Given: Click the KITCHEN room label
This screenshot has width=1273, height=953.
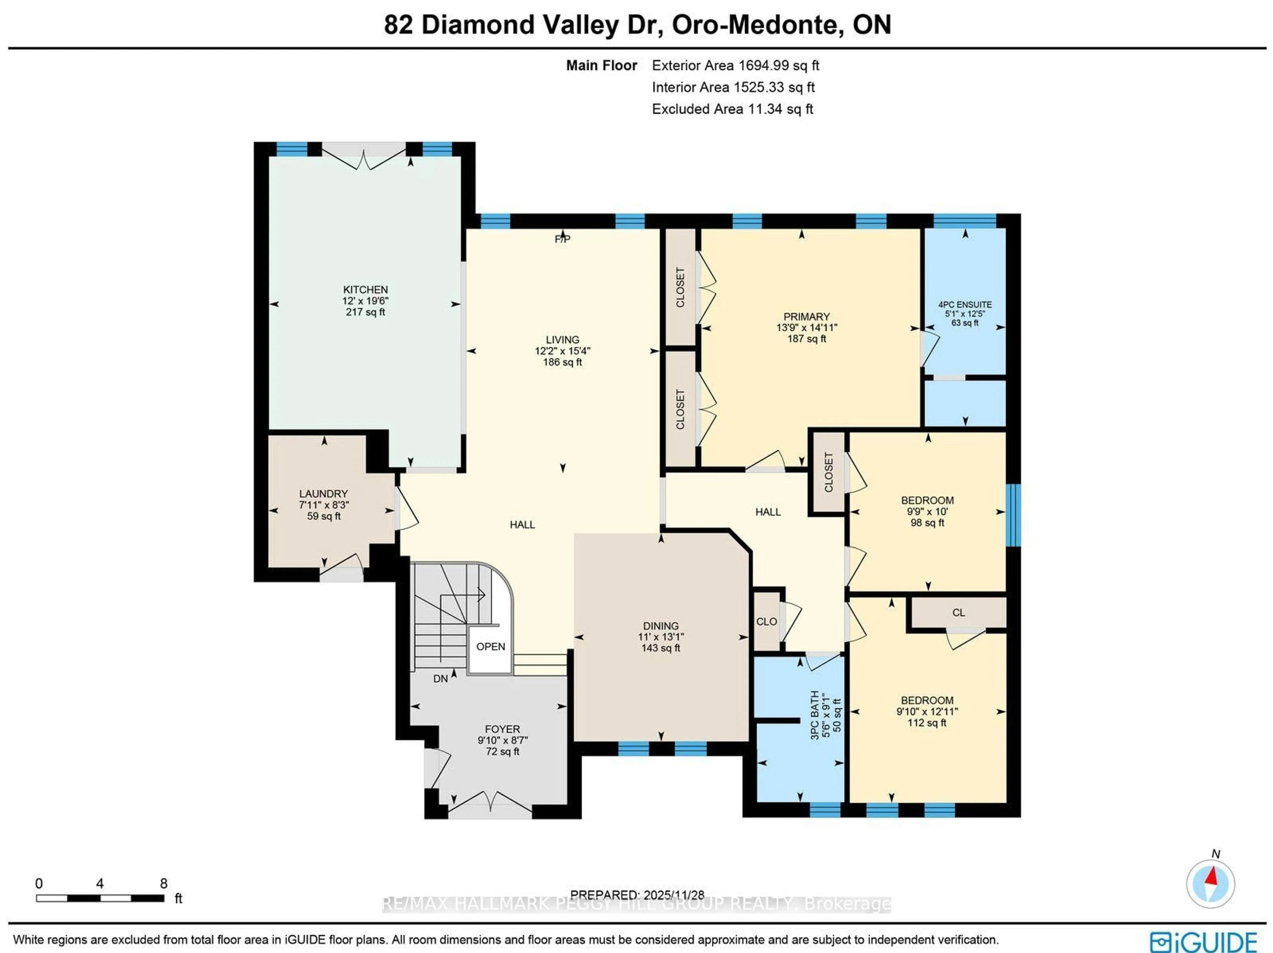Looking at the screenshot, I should [x=365, y=289].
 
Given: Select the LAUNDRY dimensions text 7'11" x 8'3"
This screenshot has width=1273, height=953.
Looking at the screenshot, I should [x=324, y=505].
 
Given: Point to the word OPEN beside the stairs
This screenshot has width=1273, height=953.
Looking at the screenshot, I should [x=490, y=646].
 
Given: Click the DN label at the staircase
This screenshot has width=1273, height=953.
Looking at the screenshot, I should [x=440, y=679].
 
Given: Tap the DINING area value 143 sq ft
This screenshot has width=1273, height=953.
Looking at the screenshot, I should [x=661, y=648].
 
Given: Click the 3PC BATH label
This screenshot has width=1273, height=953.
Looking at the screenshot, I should [x=814, y=715].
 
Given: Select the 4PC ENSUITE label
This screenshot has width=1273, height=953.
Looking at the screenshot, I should [x=965, y=304].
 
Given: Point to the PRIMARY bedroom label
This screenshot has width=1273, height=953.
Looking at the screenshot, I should [x=806, y=317].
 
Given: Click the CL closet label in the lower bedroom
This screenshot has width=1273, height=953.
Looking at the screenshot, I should [x=958, y=612].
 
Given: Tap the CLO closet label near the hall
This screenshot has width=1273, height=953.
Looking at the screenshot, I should [x=766, y=622].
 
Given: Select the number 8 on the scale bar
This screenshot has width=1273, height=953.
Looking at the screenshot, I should [x=163, y=883].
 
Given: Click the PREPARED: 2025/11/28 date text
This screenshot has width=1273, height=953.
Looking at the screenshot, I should [x=637, y=895].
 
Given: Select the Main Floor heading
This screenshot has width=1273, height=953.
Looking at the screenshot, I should [x=601, y=66].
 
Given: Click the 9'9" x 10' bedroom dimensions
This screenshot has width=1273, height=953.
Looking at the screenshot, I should [x=927, y=511].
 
